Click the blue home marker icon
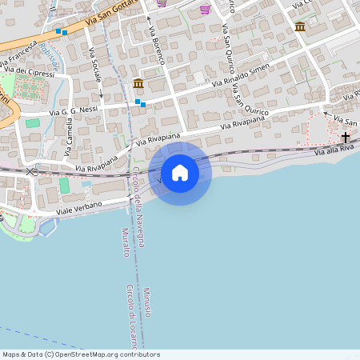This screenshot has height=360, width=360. pos(180,173)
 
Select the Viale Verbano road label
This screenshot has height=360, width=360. pos(79,206)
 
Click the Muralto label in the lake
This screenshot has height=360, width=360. pos(125,242)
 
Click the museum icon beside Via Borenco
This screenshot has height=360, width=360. pos(138,83)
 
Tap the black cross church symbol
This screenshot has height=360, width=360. pos(346,138)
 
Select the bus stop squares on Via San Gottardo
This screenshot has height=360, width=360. pos(61,32)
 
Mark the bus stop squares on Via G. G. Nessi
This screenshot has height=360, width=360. pos(141,102)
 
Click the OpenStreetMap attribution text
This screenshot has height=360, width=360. pos(81,354)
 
